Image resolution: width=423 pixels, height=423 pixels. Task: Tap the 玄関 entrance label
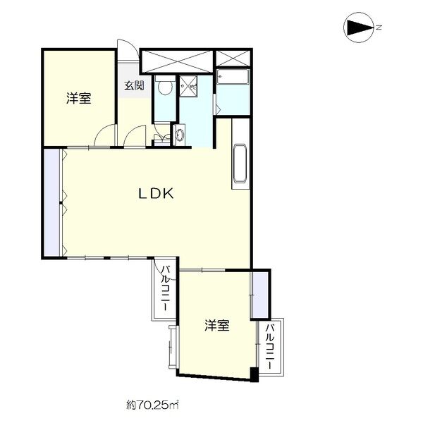[x=135, y=86]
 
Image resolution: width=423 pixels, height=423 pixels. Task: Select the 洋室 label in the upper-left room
[x=79, y=99]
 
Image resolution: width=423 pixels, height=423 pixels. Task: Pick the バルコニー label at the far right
[x=270, y=345]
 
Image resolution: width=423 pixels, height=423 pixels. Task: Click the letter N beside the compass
[x=379, y=28]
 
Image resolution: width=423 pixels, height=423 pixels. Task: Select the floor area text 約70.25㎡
[x=152, y=405]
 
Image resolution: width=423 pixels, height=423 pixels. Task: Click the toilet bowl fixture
[x=164, y=87]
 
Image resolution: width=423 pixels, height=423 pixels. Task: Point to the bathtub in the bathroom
[x=233, y=78]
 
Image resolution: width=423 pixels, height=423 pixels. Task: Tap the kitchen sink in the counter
[x=238, y=166]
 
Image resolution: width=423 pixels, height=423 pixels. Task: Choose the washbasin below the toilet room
[x=179, y=134]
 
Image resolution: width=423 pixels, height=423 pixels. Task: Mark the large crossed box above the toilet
[x=177, y=61]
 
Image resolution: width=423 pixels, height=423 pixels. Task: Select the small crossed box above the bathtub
[x=233, y=59]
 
